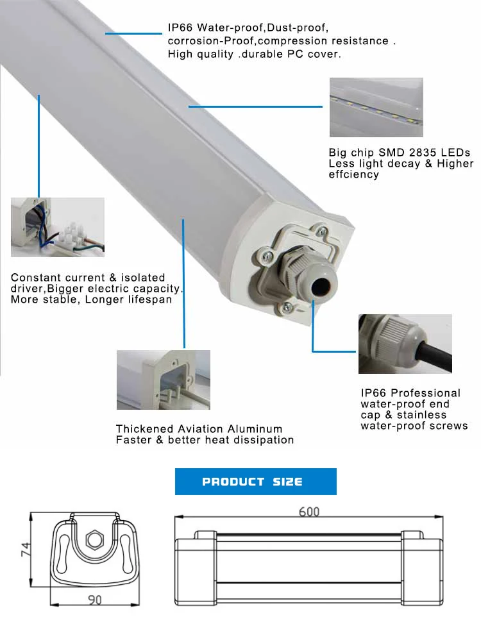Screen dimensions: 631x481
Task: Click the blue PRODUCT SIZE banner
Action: coord(255,482)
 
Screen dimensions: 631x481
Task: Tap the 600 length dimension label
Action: coord(308,512)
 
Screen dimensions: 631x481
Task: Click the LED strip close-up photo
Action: coord(376,108)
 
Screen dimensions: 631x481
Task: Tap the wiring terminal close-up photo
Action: coord(57,227)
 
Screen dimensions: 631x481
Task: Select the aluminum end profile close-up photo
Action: coord(163,380)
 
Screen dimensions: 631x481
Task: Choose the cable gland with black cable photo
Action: coord(405,344)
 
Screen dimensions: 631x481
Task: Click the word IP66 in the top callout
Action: coord(180,29)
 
